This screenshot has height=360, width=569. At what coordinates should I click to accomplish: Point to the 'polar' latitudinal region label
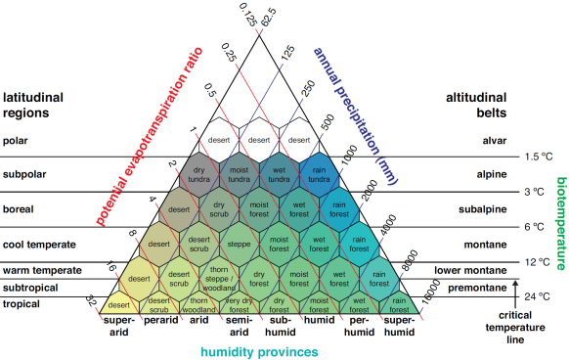coord(18,141)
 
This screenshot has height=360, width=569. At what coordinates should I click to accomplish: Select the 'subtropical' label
coord(28,289)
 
